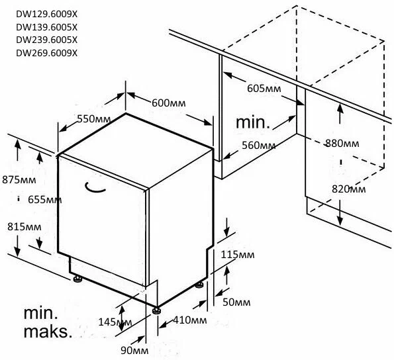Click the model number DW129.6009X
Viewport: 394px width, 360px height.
[47, 15]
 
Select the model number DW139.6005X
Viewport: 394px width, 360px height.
[47, 27]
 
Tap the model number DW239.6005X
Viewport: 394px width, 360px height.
[47, 40]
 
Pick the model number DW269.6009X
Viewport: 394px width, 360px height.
[47, 53]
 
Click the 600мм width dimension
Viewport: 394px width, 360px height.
[169, 103]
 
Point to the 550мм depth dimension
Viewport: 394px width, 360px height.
[94, 118]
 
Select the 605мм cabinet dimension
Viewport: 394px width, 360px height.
[264, 89]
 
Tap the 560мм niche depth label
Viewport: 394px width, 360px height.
[258, 145]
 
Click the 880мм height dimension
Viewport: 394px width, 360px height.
[342, 143]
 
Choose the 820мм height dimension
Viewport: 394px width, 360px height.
[349, 189]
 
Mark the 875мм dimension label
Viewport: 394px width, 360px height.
[19, 180]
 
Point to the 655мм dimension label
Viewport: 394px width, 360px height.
[45, 200]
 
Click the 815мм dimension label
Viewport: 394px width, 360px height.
[25, 227]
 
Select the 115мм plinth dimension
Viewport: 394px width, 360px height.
[238, 255]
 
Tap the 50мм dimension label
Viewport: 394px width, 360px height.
[236, 302]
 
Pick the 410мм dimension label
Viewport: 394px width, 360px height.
[190, 320]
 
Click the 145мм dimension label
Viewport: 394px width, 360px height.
[115, 322]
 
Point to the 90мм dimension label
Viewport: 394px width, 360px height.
[134, 351]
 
